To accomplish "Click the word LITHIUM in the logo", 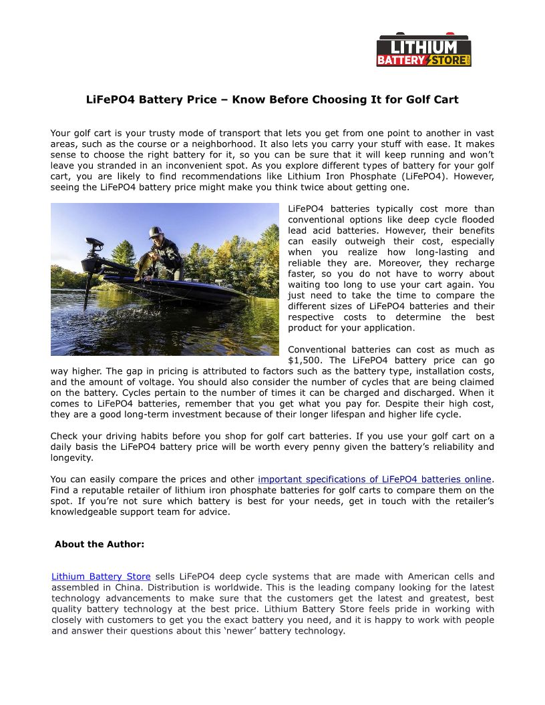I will click(x=424, y=47).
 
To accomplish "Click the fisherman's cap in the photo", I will click(x=156, y=231).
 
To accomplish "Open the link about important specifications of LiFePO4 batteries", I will click(x=375, y=479).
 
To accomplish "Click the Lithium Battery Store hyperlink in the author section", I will click(x=101, y=576).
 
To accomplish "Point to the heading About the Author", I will click(x=100, y=544).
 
